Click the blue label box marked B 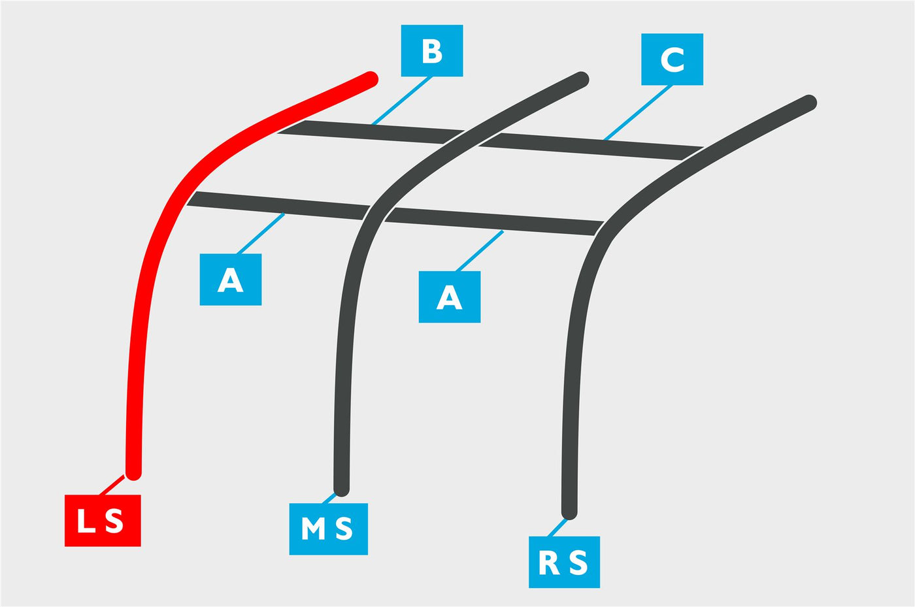click(432, 51)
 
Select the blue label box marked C click(672, 59)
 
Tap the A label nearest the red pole click(230, 280)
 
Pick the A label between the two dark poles click(450, 297)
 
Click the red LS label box click(103, 520)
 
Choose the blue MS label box click(328, 529)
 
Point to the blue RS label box click(564, 562)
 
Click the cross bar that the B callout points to click(371, 132)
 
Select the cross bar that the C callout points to click(591, 146)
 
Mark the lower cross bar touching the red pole click(278, 205)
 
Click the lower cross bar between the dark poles click(494, 221)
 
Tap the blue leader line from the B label click(401, 101)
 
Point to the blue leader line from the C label click(638, 113)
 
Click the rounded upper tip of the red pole click(371, 79)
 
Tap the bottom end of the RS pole click(569, 512)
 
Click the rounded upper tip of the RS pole click(809, 103)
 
